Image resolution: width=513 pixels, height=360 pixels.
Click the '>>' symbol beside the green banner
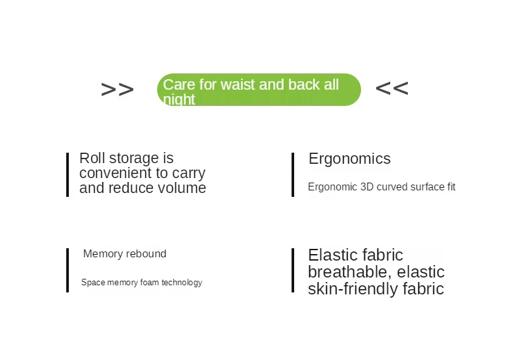coord(117,89)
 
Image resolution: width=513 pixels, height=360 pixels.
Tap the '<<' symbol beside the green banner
coord(392,88)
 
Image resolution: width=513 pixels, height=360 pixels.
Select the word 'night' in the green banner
coord(179,99)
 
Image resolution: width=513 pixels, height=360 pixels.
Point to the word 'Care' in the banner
coord(179,84)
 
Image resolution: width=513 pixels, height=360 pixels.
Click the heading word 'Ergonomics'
coord(349,159)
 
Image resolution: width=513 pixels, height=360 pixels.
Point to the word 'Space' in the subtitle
coord(94,283)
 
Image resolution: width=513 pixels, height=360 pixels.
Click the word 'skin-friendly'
coord(353,289)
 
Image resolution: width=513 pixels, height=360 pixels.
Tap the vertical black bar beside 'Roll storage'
coord(68,175)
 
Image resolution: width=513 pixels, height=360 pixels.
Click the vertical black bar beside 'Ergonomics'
coord(293,175)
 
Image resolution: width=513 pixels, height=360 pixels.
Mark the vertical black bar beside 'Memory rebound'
coord(68,270)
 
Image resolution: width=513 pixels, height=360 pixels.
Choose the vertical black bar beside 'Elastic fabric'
coord(293,270)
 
